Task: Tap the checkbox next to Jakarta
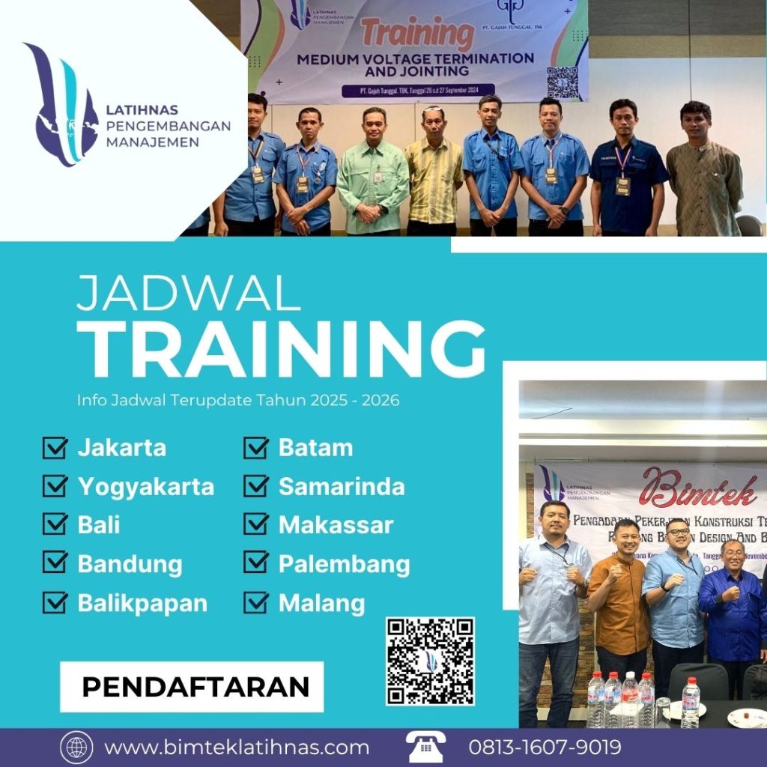tap(55, 448)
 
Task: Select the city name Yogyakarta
tap(145, 487)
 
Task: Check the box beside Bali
tap(55, 524)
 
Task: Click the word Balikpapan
tap(142, 603)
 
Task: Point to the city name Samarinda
tap(342, 487)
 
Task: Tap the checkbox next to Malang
tap(256, 603)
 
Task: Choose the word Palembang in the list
tap(344, 564)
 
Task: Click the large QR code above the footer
tap(430, 661)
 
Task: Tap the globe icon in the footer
tap(76, 748)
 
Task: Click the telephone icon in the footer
tap(426, 747)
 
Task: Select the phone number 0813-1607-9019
tap(545, 748)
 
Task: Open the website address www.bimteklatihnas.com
tap(237, 748)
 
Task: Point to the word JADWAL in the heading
tap(189, 293)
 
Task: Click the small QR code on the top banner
tap(563, 82)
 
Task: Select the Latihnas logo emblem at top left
tap(61, 104)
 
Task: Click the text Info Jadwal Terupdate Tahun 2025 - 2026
tap(238, 401)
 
